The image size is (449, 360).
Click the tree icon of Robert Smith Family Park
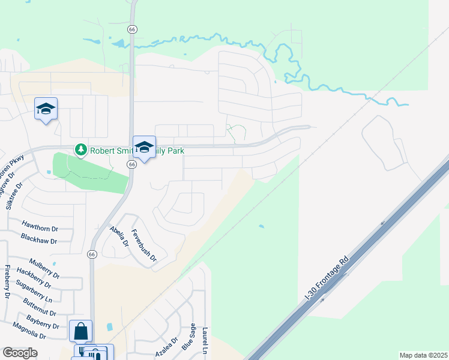click(80, 149)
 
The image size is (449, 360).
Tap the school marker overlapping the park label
click(144, 147)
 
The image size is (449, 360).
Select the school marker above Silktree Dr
click(46, 109)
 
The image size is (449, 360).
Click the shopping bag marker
click(80, 331)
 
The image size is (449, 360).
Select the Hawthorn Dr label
click(40, 229)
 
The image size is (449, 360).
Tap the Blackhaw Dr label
click(38, 241)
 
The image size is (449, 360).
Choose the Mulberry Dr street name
click(44, 266)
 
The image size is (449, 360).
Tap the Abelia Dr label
click(119, 236)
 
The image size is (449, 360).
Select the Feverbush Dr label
click(144, 246)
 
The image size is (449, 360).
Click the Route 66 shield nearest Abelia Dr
click(92, 254)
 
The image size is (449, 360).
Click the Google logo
click(20, 353)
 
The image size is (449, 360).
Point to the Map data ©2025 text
click(423, 355)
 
